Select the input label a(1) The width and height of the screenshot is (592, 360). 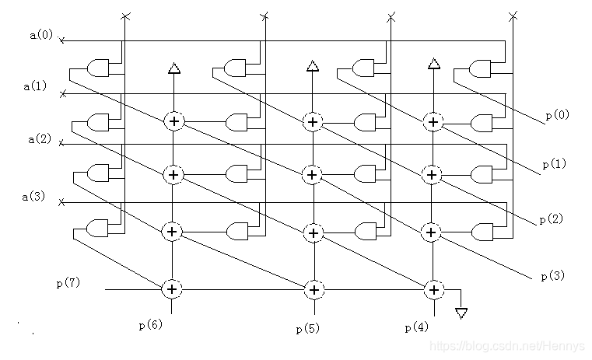[36, 86]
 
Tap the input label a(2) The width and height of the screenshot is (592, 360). [39, 139]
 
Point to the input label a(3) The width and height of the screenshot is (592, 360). [36, 197]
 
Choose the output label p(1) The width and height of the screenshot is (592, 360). [553, 164]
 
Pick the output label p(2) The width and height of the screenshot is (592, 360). [551, 219]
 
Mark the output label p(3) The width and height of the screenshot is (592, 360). [552, 275]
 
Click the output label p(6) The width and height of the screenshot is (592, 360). [149, 324]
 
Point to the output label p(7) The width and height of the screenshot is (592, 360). [68, 283]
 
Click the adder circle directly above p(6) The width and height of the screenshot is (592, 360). [173, 289]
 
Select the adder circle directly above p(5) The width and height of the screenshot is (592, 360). [313, 289]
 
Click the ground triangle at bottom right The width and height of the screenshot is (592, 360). [461, 313]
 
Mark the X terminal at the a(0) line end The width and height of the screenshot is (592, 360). [63, 40]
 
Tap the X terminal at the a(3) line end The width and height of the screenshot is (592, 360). [63, 203]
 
